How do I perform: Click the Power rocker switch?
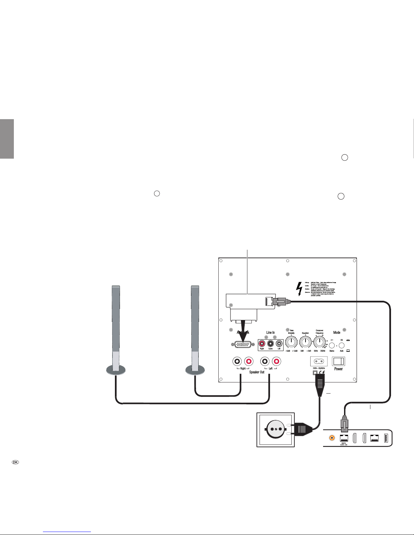coord(338,362)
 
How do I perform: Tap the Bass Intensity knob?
coord(291,342)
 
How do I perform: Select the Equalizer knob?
coord(305,342)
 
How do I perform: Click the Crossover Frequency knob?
coord(319,342)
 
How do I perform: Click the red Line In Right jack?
coord(262,344)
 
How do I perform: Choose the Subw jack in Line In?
coord(270,344)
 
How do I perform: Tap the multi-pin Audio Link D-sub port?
coord(242,345)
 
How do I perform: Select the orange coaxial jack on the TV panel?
coord(332,438)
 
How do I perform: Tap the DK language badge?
coord(15,462)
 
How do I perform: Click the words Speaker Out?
coord(257,372)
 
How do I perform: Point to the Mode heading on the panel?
coord(337,332)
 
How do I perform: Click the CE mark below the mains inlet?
coord(322,372)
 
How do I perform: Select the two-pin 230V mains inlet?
coord(318,362)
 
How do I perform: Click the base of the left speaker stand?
coord(116,370)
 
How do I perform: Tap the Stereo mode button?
coord(332,345)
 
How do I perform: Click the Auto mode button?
coord(342,345)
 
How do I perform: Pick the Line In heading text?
coord(270,332)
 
